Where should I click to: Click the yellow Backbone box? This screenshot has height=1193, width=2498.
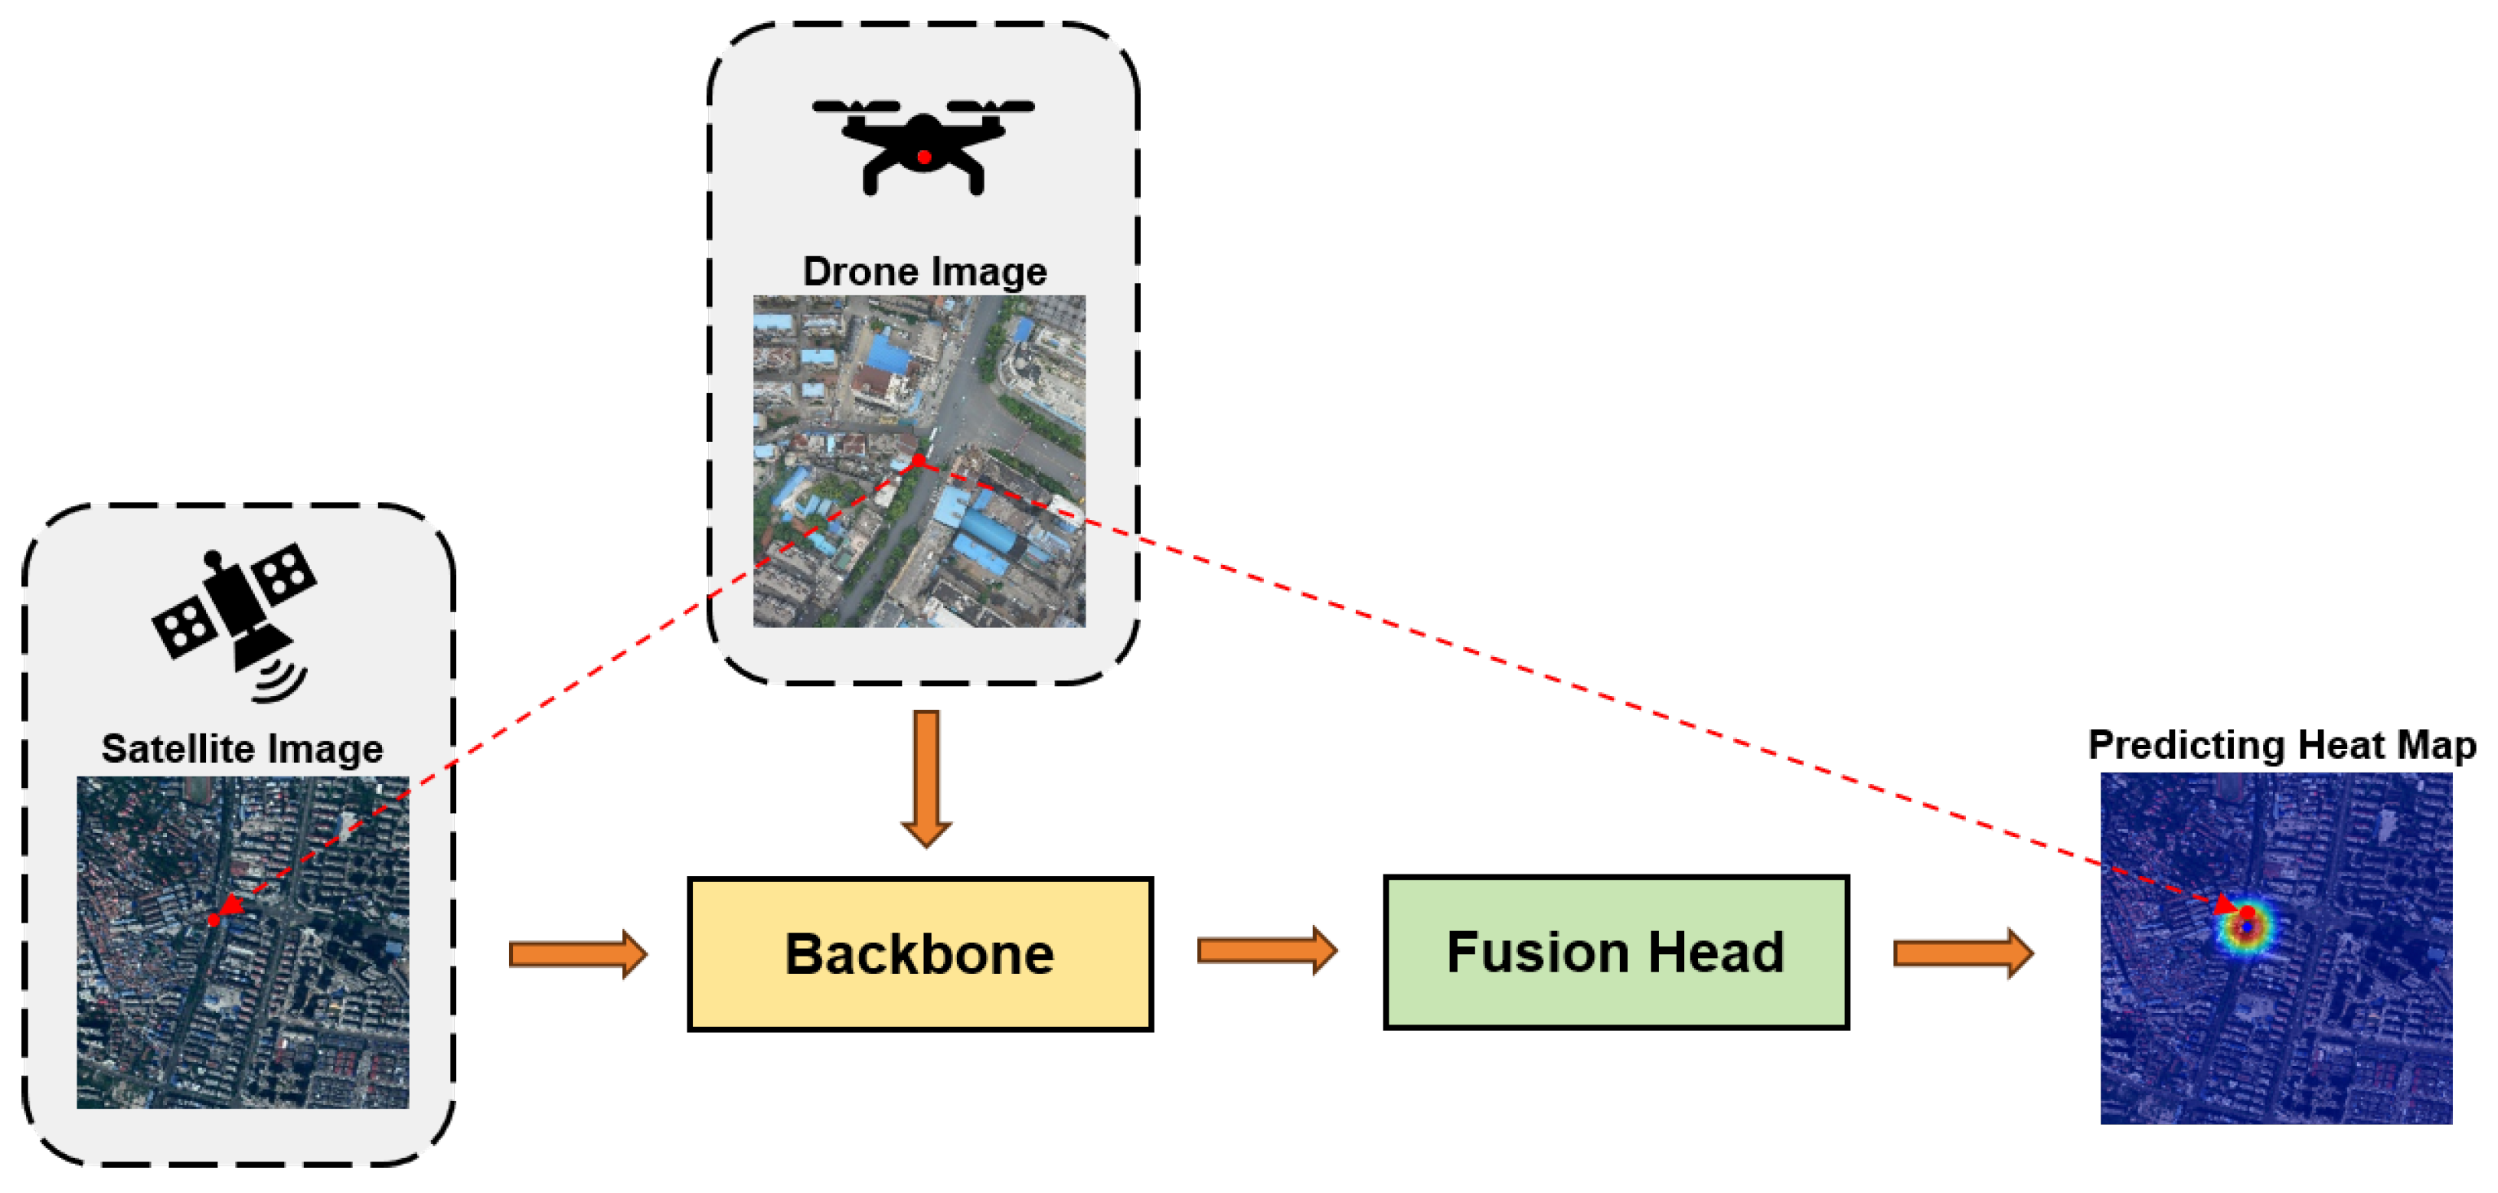919,953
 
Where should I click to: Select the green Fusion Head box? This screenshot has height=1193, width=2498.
1615,952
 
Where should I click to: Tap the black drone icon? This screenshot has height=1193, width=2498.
923,145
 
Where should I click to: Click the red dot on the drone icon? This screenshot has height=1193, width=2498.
924,157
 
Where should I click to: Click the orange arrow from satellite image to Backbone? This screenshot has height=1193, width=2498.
578,953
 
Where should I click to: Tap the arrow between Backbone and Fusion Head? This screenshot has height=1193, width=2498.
1266,949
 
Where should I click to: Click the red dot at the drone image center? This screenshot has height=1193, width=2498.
919,461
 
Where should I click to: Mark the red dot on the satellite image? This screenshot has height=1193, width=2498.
214,920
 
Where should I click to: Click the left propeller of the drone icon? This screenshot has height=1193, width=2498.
856,106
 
